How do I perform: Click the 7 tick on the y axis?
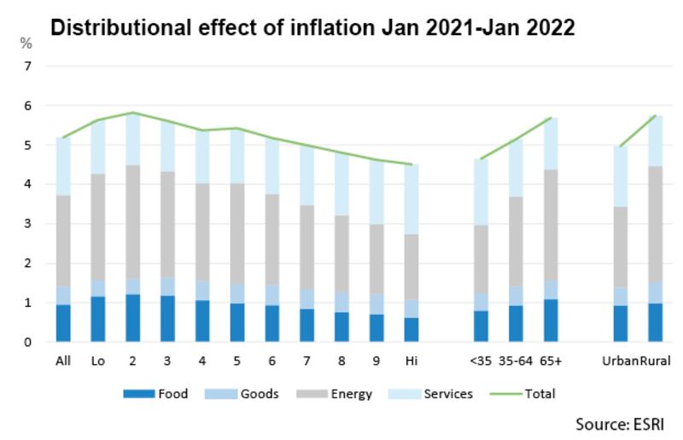pos(28,67)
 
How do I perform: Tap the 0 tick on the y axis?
pos(28,343)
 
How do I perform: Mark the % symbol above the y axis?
pos(26,43)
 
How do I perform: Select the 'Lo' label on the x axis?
pos(98,362)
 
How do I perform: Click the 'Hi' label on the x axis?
pos(411,362)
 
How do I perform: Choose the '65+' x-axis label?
pos(552,362)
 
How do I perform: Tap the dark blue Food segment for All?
pos(63,323)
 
